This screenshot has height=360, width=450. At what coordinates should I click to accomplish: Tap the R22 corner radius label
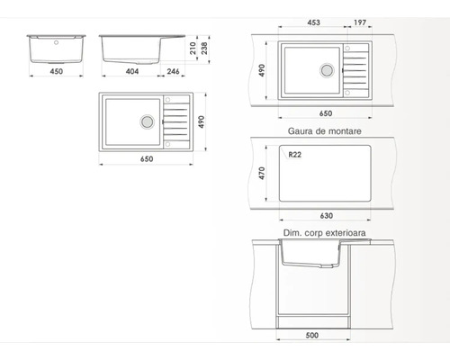[294, 155]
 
